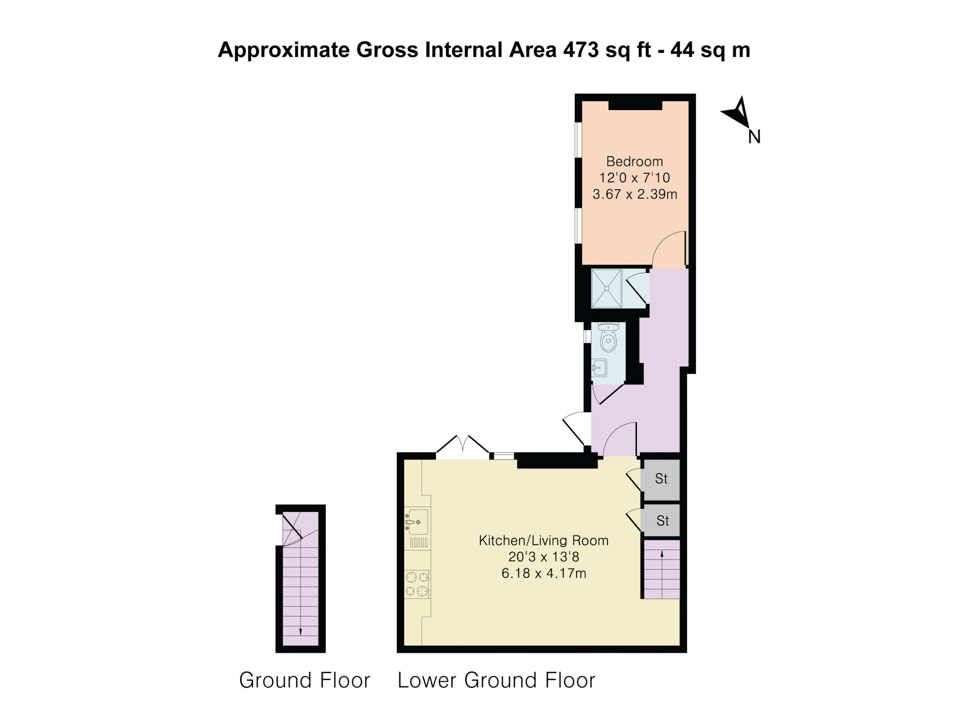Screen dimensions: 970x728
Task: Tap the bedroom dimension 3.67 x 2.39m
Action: point(635,194)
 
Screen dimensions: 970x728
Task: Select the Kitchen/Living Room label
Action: point(543,540)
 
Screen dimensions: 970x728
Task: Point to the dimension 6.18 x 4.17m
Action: point(544,573)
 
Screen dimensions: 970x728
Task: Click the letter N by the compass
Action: point(754,137)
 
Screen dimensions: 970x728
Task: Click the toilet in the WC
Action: point(608,337)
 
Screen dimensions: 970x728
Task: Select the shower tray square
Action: point(607,288)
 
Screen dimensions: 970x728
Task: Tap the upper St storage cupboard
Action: point(660,479)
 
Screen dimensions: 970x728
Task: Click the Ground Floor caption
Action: point(304,680)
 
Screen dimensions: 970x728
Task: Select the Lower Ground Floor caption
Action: point(496,680)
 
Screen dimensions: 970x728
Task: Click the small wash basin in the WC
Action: point(599,368)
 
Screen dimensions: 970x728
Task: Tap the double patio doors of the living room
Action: point(463,447)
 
